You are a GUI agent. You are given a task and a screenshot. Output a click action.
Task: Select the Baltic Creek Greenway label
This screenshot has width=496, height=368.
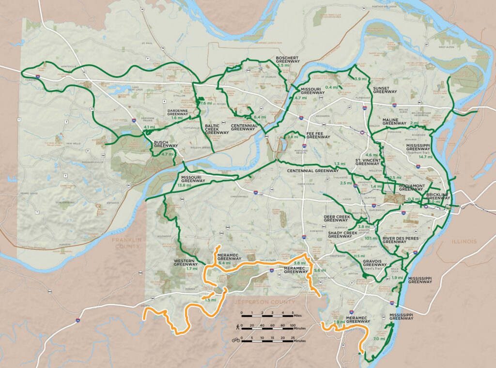pyautogui.click(x=217, y=129)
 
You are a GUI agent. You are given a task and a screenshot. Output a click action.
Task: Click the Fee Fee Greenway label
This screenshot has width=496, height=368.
pyautogui.click(x=318, y=137)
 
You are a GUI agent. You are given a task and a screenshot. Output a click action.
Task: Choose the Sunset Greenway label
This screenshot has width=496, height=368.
pyautogui.click(x=385, y=89)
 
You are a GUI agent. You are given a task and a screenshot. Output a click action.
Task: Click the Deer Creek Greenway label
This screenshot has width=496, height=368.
pyautogui.click(x=336, y=219)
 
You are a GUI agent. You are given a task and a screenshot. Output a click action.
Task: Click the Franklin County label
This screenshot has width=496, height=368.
pyautogui.click(x=125, y=243)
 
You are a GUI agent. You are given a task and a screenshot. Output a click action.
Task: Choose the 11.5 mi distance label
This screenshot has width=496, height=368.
pyautogui.click(x=359, y=256)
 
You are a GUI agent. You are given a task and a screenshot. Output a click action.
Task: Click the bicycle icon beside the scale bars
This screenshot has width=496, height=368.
pyautogui.click(x=236, y=340)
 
